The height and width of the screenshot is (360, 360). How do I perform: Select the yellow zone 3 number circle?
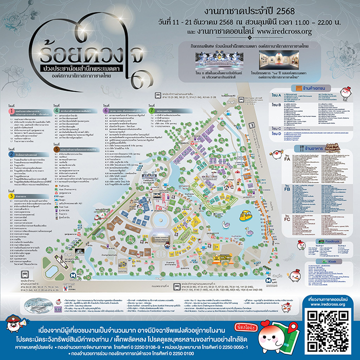(11, 195)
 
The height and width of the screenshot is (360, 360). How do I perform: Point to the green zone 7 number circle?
(151, 110)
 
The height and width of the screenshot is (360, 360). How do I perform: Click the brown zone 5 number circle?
(56, 150)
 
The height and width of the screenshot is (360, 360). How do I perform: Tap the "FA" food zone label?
(287, 159)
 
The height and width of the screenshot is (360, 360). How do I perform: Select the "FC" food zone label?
(287, 219)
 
